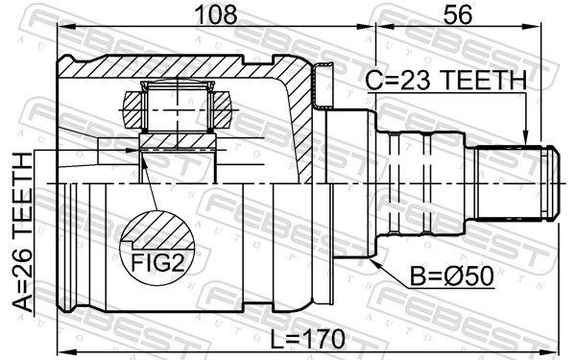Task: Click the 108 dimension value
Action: (216, 13)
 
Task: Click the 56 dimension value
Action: (458, 13)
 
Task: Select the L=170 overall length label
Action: (308, 340)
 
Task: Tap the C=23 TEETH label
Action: (446, 80)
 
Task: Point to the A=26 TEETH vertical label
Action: (23, 232)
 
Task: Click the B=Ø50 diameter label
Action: (452, 276)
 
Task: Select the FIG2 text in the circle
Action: (157, 262)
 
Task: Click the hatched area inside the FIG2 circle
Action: (158, 228)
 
